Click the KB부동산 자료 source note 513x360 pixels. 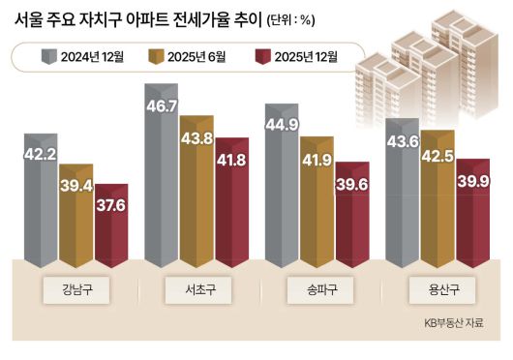(453, 323)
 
